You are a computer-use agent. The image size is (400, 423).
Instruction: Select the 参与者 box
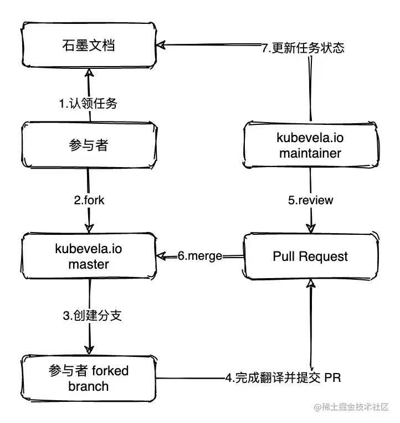tap(89, 146)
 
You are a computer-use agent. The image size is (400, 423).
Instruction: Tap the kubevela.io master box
tap(89, 256)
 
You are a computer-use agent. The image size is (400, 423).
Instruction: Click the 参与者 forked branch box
tap(89, 378)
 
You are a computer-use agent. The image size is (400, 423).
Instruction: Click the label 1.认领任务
tap(89, 103)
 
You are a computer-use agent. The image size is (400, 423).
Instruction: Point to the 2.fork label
tap(88, 200)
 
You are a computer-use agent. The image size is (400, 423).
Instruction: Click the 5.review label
tap(310, 200)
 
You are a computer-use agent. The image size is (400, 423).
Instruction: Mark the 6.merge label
tap(200, 256)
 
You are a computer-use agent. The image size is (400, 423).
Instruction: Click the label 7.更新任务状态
tap(302, 48)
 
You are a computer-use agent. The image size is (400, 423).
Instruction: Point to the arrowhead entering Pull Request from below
tap(311, 285)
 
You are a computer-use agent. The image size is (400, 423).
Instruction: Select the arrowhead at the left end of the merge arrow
tap(162, 256)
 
